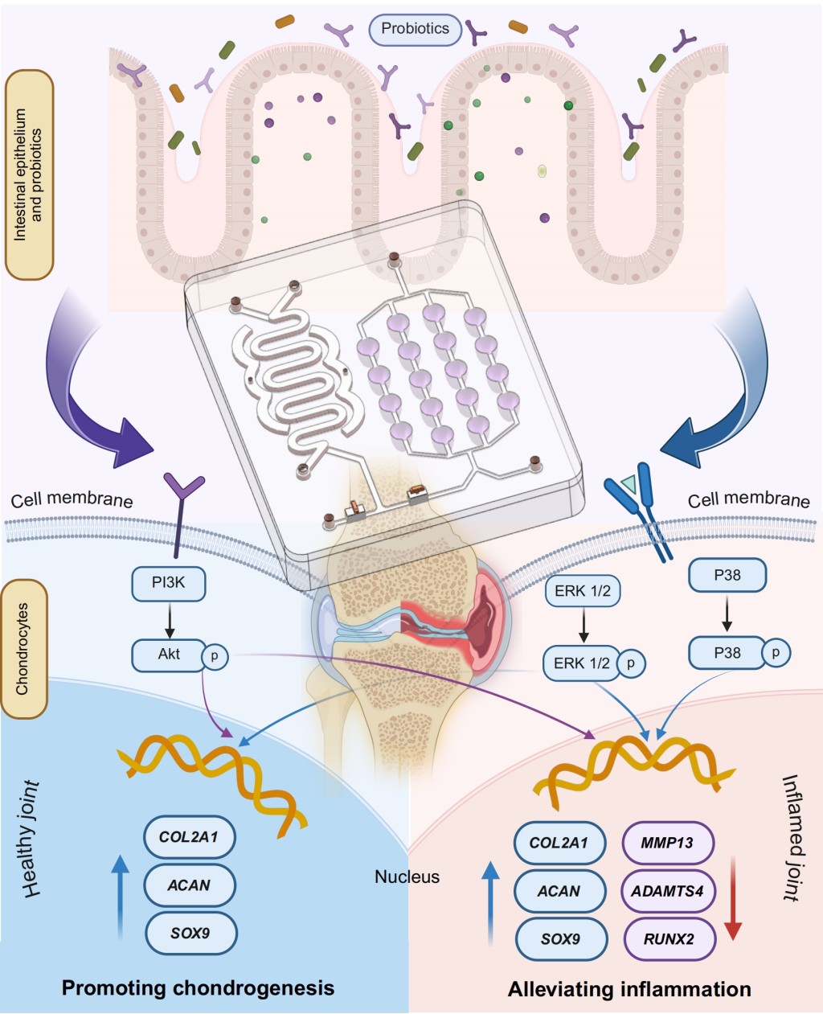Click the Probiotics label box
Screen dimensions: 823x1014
point(416,30)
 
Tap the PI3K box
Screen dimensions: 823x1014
point(169,583)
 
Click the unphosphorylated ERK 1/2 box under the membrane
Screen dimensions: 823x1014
point(582,590)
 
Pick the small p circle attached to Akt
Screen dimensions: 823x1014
point(215,656)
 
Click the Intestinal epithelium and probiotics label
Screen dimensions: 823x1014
point(29,174)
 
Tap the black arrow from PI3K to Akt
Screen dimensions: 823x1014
point(170,620)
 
